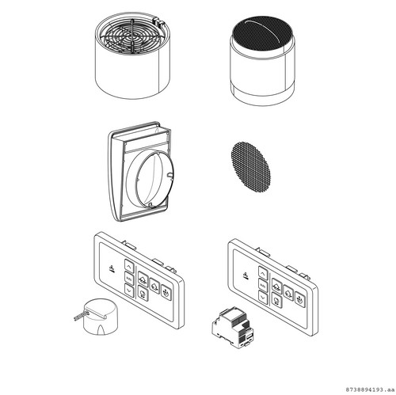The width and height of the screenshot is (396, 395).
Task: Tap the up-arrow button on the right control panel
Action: point(263,268)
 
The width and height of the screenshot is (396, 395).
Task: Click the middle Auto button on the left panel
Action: point(129,277)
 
